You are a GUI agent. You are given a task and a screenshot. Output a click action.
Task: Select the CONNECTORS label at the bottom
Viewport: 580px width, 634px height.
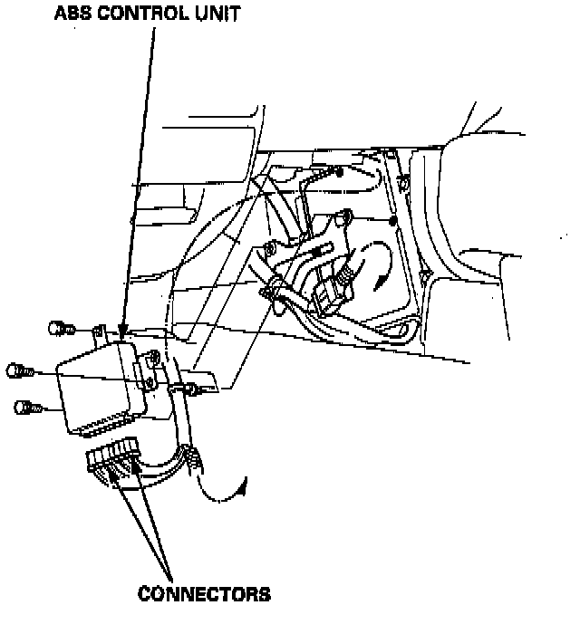click(204, 594)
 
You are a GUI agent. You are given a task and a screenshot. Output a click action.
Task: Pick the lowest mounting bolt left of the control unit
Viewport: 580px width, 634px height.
click(27, 408)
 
